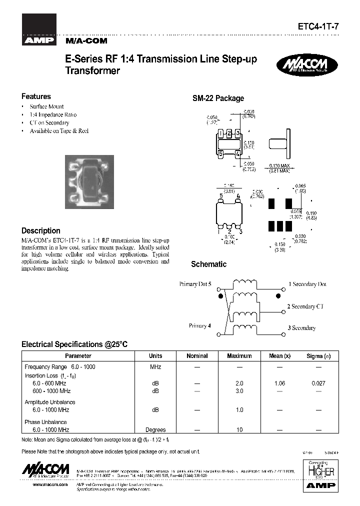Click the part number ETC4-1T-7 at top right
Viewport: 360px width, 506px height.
(x=321, y=29)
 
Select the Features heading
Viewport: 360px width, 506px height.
(x=36, y=96)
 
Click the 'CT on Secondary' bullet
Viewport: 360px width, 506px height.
(x=49, y=122)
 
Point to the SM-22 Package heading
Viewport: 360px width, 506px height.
(x=218, y=98)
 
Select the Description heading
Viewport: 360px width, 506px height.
(x=40, y=231)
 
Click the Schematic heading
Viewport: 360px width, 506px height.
(x=208, y=264)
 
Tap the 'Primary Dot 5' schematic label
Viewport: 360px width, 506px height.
(x=195, y=284)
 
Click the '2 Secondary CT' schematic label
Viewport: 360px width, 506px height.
(x=308, y=306)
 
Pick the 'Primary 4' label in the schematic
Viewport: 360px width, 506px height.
(x=199, y=325)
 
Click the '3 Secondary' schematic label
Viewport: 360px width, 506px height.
(x=301, y=328)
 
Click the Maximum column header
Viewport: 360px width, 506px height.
(x=239, y=356)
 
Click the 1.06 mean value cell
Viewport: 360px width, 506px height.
(x=279, y=383)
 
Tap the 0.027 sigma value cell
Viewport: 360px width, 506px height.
(x=318, y=383)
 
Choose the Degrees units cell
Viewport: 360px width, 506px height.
(x=155, y=429)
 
